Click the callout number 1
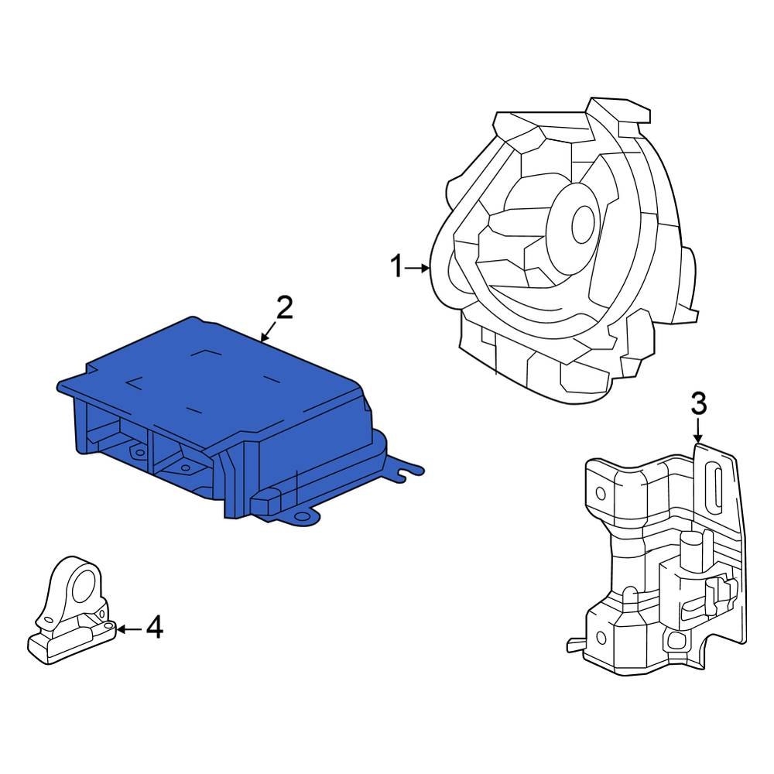pyautogui.click(x=396, y=269)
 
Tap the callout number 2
pyautogui.click(x=284, y=309)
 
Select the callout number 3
pyautogui.click(x=698, y=403)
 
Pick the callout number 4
pyautogui.click(x=155, y=627)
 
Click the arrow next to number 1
pyautogui.click(x=418, y=269)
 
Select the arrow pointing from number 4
pyautogui.click(x=128, y=628)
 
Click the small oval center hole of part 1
pyautogui.click(x=581, y=224)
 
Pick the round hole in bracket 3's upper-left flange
pyautogui.click(x=600, y=492)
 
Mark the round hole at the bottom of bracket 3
pyautogui.click(x=675, y=639)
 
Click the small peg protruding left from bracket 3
pyautogui.click(x=574, y=642)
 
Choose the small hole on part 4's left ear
pyautogui.click(x=48, y=619)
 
